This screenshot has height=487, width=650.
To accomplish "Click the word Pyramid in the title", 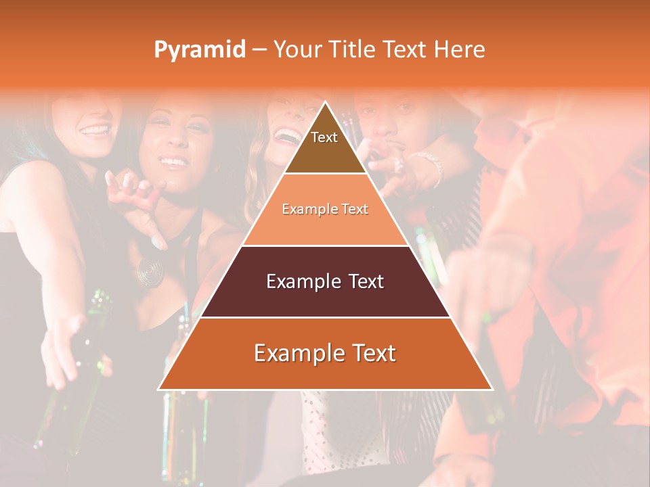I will (199, 50).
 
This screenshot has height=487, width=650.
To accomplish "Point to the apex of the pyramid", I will (326, 103).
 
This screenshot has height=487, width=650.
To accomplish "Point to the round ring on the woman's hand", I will (150, 270).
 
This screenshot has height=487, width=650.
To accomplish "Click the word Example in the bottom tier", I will (294, 353).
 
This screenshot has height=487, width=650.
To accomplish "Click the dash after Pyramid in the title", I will (259, 50).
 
